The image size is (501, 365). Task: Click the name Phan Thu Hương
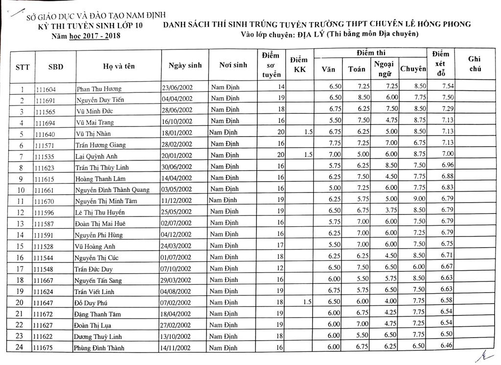tap(99, 89)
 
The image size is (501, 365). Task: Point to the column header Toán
tap(357, 69)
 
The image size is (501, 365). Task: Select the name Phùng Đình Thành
tap(99, 348)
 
